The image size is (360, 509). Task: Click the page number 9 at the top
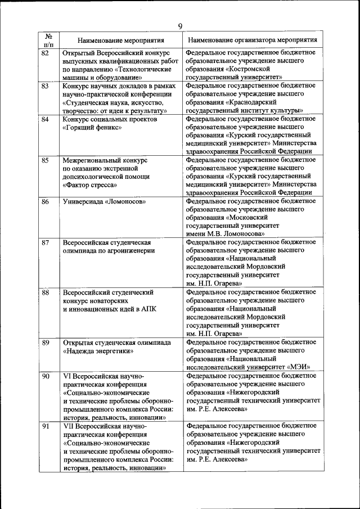click(180, 26)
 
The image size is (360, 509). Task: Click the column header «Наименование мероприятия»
click(121, 41)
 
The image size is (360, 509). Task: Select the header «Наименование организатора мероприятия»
click(252, 41)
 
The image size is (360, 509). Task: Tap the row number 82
click(46, 53)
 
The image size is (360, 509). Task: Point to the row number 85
click(46, 160)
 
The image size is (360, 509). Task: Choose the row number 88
click(46, 292)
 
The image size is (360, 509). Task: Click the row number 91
click(46, 427)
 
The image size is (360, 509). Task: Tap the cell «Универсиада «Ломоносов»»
click(105, 201)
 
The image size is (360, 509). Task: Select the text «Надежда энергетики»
click(98, 350)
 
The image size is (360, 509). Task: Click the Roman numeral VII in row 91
click(69, 427)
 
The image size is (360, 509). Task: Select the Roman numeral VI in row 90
click(67, 376)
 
